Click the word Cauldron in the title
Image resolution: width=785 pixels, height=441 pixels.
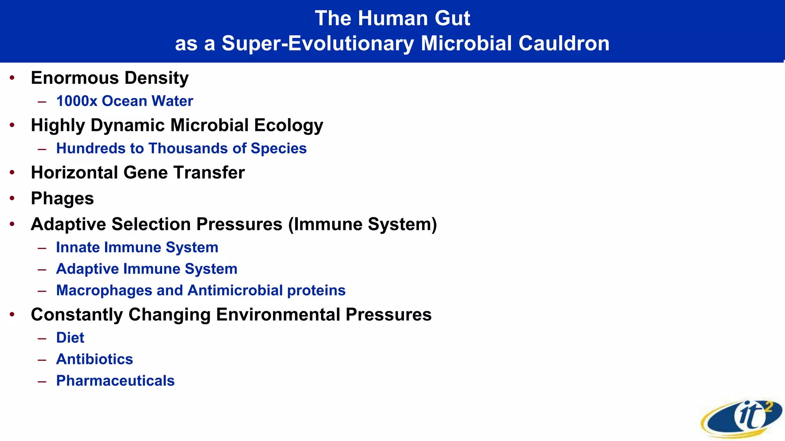(563, 43)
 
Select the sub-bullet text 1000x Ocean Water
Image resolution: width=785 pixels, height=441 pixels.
(125, 101)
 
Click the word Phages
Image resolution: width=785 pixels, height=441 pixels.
(62, 198)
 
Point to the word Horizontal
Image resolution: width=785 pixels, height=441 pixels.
(74, 173)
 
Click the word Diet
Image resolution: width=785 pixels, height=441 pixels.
(70, 338)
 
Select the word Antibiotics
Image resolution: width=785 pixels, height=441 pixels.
(95, 359)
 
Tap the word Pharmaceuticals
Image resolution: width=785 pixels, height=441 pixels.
(115, 381)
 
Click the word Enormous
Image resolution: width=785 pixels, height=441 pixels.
(75, 78)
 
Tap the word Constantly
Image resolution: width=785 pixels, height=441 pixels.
(77, 315)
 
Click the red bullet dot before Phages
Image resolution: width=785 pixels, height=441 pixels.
(12, 198)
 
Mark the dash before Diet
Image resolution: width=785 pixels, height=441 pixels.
(42, 338)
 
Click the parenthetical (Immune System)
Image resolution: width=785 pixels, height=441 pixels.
(363, 224)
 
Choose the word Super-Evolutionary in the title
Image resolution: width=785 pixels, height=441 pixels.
(318, 43)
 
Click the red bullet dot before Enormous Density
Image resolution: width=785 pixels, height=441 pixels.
(12, 78)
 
